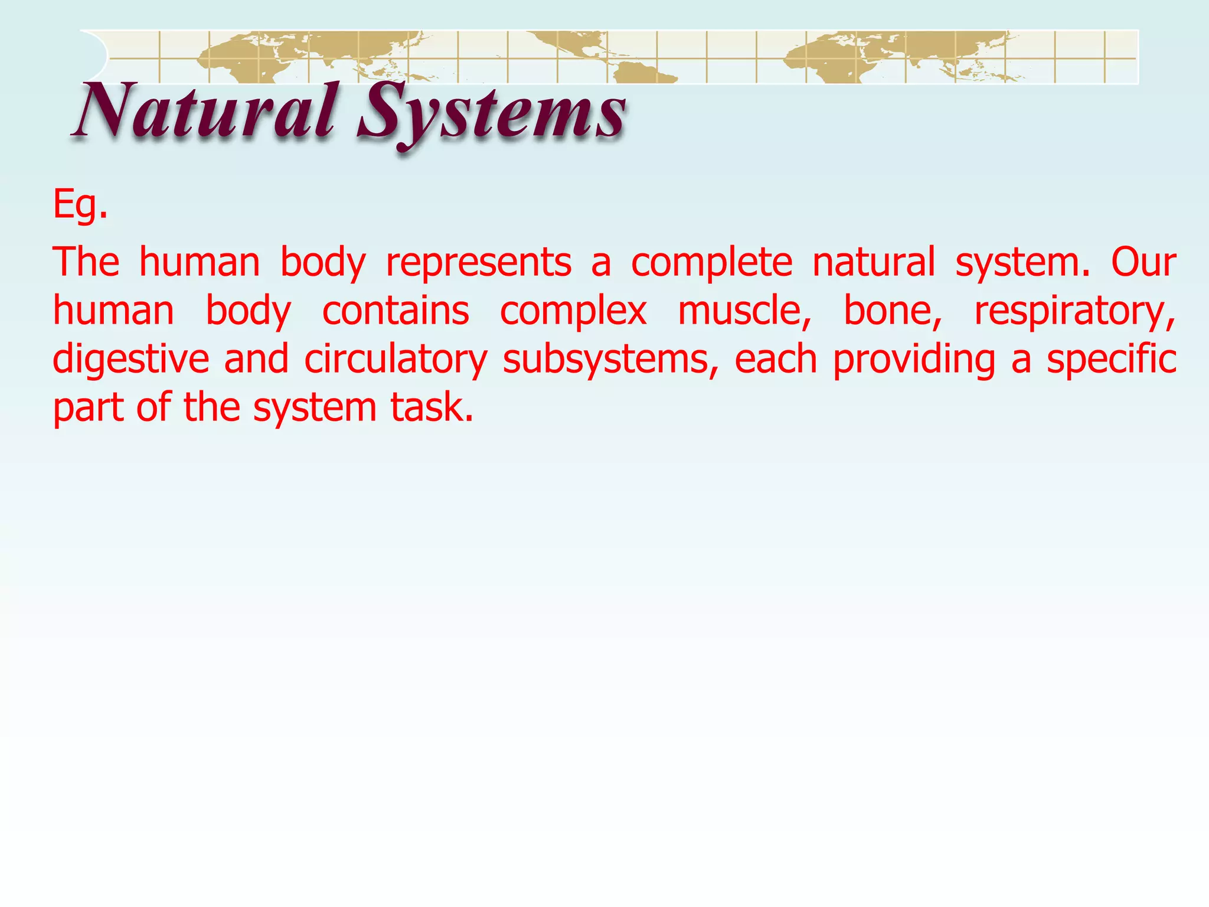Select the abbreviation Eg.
click(80, 205)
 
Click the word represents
click(479, 262)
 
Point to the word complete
click(711, 262)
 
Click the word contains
click(396, 311)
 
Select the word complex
click(573, 311)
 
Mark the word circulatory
click(396, 360)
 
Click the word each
click(776, 360)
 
